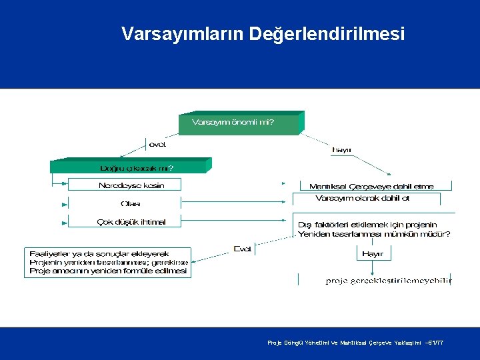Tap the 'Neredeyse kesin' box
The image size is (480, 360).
pos(131,185)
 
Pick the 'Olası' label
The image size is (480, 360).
pos(131,203)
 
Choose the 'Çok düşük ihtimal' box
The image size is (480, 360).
pos(131,222)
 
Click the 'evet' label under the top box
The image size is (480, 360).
pos(157,144)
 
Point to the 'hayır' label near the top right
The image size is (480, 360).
pos(342,150)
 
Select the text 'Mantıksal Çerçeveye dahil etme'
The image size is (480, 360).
pos(371,186)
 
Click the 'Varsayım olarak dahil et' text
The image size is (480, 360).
pos(362,198)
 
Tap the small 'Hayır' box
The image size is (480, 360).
pos(373,254)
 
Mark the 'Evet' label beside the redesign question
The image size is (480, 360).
pos(243,249)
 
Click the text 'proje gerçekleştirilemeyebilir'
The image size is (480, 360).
pos(389,281)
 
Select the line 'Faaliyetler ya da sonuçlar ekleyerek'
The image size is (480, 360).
pos(99,254)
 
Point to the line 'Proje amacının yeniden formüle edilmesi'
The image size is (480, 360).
pos(108,271)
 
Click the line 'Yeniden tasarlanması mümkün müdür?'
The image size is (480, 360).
pos(374,234)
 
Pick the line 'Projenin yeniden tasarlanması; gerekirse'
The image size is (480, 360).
pos(109,263)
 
